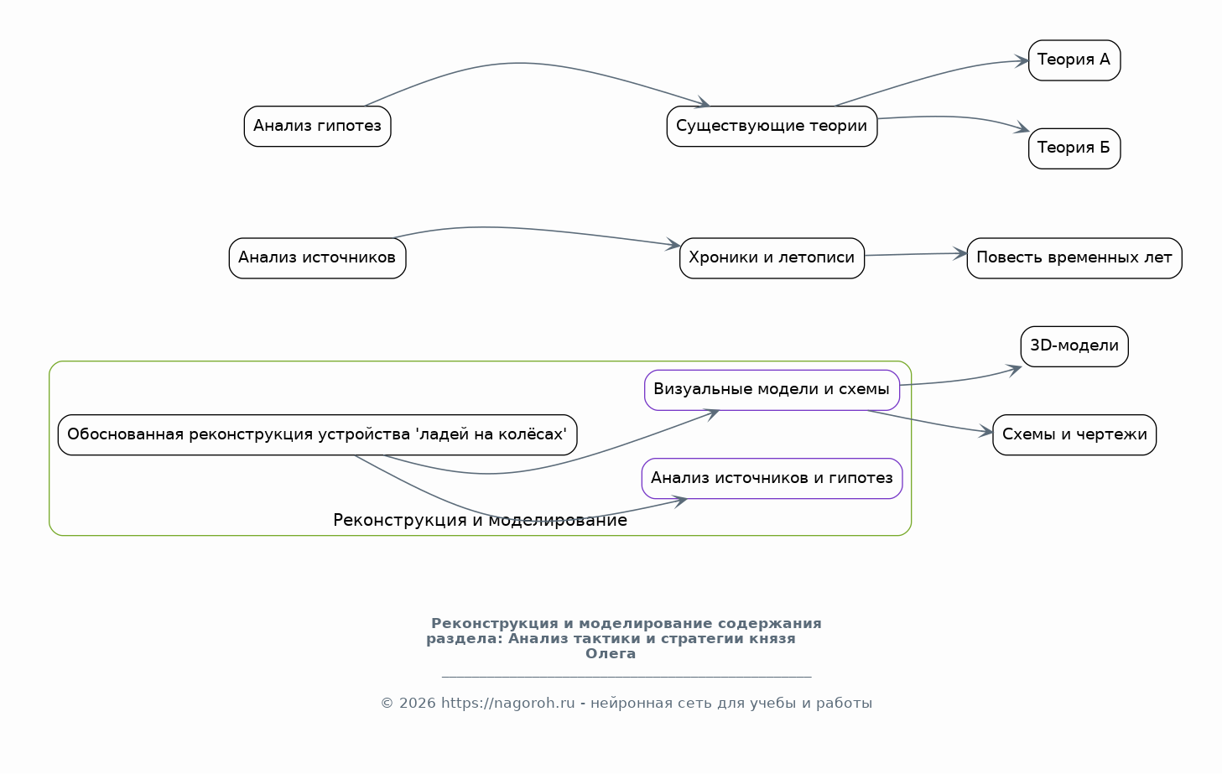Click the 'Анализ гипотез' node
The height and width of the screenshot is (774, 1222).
tap(318, 127)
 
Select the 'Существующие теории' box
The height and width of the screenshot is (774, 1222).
tap(772, 127)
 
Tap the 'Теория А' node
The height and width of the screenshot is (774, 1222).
tap(1074, 60)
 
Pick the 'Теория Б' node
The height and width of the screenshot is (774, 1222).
tap(1074, 149)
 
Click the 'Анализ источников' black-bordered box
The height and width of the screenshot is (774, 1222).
tap(318, 258)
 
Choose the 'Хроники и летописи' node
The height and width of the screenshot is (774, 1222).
tap(772, 258)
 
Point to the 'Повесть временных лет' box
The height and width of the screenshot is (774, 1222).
tap(1074, 258)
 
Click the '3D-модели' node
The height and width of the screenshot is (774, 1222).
tap(1074, 347)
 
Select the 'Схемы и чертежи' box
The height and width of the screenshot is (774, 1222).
tap(1074, 435)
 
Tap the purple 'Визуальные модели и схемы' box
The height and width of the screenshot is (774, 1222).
tap(772, 391)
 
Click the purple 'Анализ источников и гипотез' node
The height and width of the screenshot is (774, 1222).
tap(772, 479)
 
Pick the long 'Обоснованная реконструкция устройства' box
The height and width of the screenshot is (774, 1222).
tap(318, 435)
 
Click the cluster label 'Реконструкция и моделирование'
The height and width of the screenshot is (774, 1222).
tap(480, 521)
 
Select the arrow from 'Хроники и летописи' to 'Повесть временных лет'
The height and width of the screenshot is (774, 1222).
tap(916, 254)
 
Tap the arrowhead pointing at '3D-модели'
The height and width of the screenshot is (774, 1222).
tap(1015, 371)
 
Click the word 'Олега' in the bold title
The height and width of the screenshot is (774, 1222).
tap(611, 654)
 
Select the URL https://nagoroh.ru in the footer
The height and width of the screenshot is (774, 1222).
tap(508, 704)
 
